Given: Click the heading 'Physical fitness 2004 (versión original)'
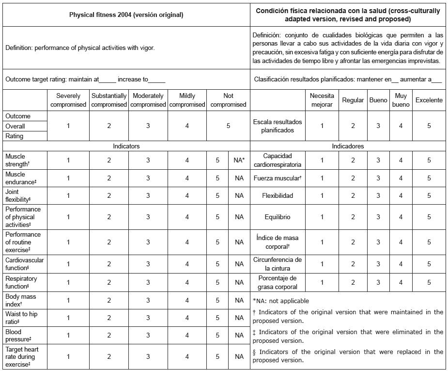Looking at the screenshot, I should click(x=126, y=15).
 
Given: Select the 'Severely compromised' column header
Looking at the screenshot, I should click(x=68, y=100).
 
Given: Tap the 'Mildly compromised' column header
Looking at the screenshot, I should click(x=187, y=100).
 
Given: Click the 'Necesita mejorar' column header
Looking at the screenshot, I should click(x=322, y=100).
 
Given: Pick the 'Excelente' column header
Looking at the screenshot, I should click(x=429, y=100).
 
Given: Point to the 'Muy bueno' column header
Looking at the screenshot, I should click(x=401, y=100).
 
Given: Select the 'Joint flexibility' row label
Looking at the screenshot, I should click(x=18, y=196).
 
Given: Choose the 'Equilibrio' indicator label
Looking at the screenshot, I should click(x=278, y=217).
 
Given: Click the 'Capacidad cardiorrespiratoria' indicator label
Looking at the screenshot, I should click(x=278, y=161).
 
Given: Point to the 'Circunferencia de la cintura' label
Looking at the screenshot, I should click(x=278, y=264).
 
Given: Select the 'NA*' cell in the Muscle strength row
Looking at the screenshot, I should click(x=239, y=161).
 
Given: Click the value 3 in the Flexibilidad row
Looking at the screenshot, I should click(x=379, y=196).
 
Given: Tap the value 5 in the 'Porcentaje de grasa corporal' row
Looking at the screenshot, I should click(x=429, y=282).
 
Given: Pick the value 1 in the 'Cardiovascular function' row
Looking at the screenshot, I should click(x=68, y=264).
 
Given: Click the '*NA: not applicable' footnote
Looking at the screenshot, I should click(x=280, y=301).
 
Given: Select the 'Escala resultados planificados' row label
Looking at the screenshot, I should click(x=278, y=126).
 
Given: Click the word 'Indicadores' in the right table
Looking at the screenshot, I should click(x=348, y=146).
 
